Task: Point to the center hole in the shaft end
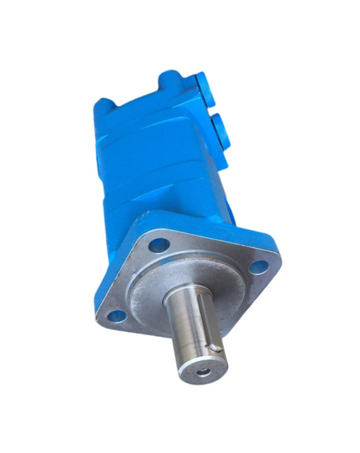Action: [x=203, y=371]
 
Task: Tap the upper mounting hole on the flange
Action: [x=160, y=243]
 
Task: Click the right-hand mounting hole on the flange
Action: [x=258, y=266]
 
